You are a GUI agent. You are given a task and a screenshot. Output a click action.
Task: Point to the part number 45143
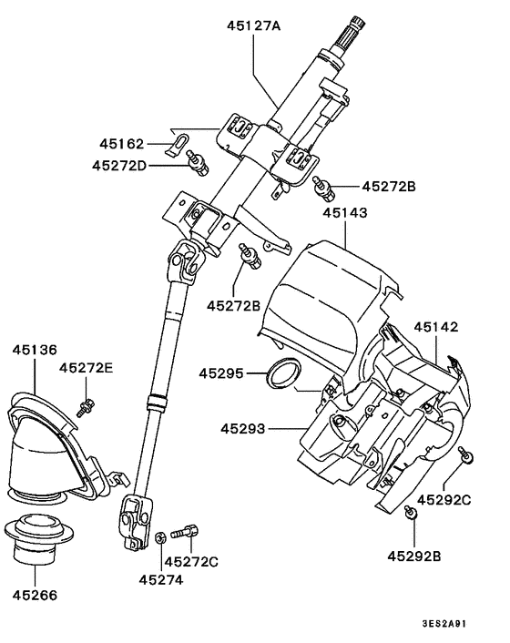pyautogui.click(x=345, y=212)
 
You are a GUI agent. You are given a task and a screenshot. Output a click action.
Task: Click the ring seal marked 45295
pyautogui.click(x=283, y=373)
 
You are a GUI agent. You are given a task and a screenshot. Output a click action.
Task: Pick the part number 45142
pyautogui.click(x=436, y=326)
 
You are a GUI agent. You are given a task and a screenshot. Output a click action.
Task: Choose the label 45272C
pyautogui.click(x=194, y=562)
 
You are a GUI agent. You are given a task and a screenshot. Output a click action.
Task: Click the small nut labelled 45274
pyautogui.click(x=160, y=537)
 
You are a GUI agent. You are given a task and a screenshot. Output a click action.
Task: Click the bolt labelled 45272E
pyautogui.click(x=87, y=406)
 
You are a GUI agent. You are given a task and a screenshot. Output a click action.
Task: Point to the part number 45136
pyautogui.click(x=35, y=349)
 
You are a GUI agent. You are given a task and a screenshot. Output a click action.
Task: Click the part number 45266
pyautogui.click(x=35, y=597)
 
